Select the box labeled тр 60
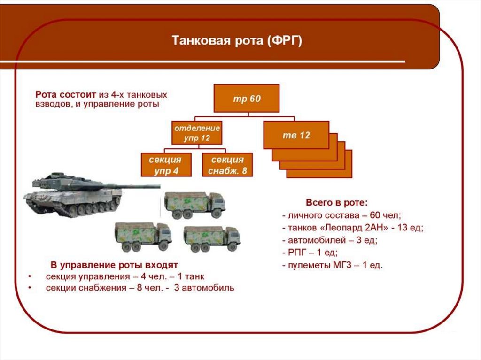[247, 99]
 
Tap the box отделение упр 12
[197, 133]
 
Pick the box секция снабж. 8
[227, 165]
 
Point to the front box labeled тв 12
[296, 135]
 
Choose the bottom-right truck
[211, 238]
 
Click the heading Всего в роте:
[336, 203]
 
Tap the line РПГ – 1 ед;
[310, 253]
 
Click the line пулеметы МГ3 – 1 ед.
[333, 265]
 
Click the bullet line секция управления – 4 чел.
[125, 276]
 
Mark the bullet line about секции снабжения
[140, 288]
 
